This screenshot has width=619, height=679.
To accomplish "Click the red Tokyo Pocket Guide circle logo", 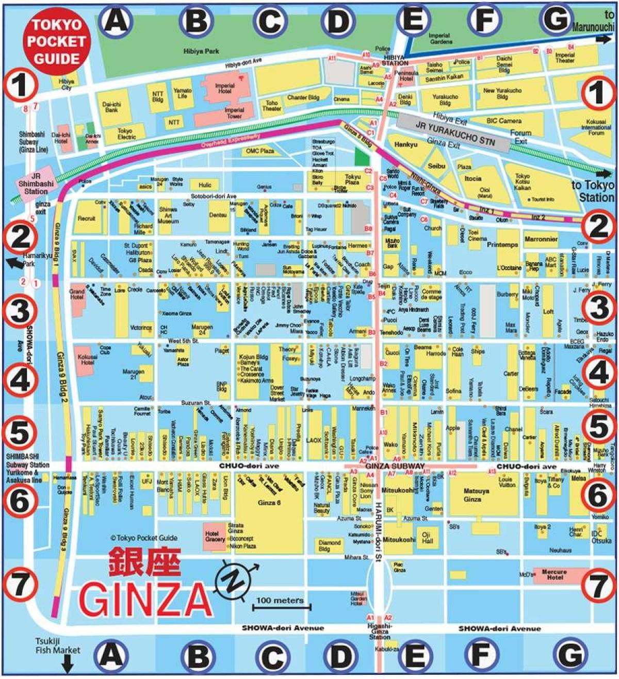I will coord(56,41).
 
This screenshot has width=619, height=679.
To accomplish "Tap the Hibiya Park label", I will coord(201,51).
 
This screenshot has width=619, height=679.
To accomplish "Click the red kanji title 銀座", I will coord(144,562).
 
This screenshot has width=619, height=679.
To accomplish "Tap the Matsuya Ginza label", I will coord(472,495).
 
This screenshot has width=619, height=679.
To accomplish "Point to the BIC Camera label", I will coord(503,121).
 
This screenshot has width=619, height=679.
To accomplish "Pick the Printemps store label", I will coord(502,245).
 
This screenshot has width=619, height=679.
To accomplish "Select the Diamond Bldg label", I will coord(330,545).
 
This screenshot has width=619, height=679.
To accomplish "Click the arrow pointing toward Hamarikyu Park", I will coord(14,263).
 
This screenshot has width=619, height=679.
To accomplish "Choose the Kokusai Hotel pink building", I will coord(87,359).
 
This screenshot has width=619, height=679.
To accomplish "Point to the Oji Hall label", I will coord(427,538).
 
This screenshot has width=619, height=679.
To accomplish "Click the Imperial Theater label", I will coord(565,57).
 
